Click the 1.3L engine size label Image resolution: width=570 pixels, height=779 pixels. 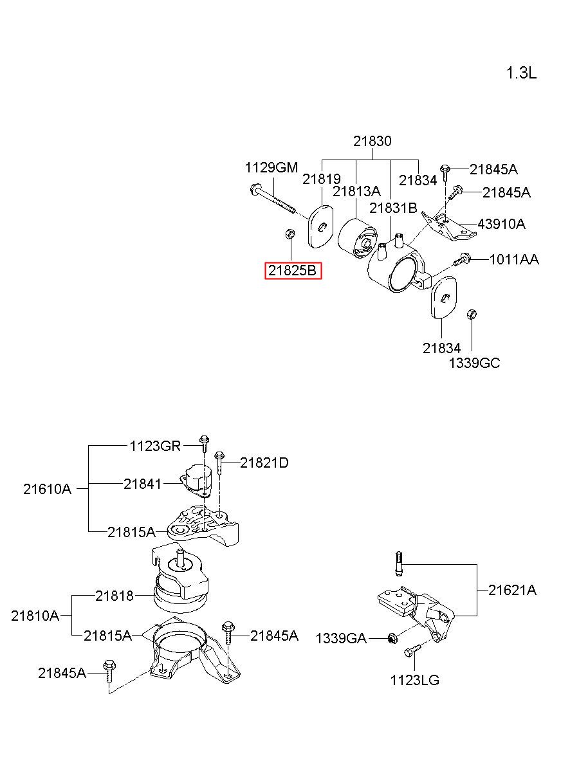click(x=521, y=73)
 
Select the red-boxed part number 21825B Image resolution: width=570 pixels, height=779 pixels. click(x=293, y=270)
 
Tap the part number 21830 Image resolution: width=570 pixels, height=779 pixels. click(x=372, y=141)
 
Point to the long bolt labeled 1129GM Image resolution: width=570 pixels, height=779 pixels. click(x=273, y=200)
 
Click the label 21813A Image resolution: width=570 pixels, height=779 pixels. click(x=356, y=191)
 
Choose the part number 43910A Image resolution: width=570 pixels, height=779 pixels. click(x=501, y=224)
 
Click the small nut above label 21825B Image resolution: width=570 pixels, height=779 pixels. click(x=290, y=234)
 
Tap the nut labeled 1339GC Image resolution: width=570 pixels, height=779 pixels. click(x=472, y=315)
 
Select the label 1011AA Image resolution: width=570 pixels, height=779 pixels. click(x=514, y=259)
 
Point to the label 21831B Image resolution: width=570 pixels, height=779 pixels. click(x=393, y=208)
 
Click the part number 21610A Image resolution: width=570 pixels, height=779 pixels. click(x=48, y=489)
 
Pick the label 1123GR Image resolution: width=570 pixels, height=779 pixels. click(x=155, y=446)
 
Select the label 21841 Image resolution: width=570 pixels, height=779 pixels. click(x=143, y=484)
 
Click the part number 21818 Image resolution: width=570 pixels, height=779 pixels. click(x=115, y=596)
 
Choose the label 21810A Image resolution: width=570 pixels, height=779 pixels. click(x=35, y=616)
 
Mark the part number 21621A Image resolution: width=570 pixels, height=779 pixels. click(x=512, y=590)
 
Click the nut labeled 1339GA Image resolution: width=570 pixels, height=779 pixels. click(x=392, y=638)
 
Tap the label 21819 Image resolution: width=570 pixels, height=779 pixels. click(x=322, y=179)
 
